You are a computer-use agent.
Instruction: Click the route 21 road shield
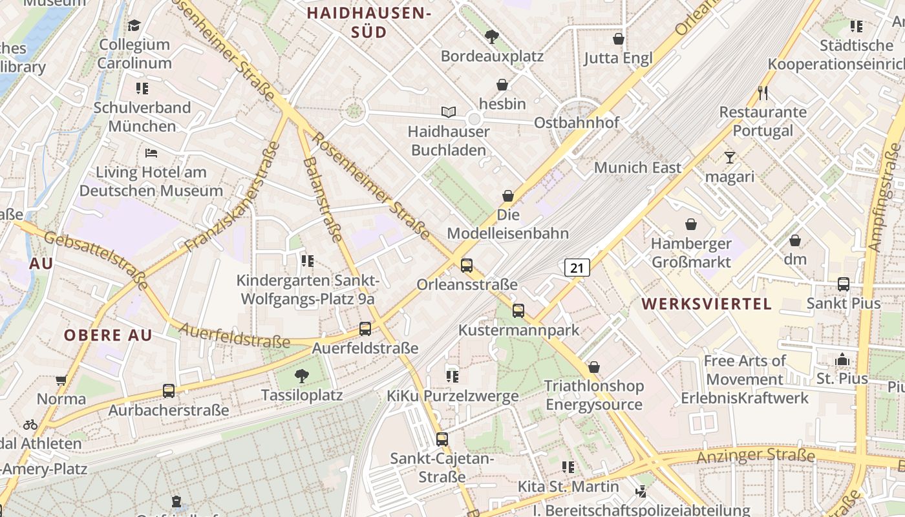coord(577,268)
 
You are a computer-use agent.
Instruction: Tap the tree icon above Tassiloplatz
coord(301,375)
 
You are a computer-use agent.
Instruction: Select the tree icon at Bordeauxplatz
coord(492,37)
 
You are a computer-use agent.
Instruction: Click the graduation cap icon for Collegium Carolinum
coord(134,25)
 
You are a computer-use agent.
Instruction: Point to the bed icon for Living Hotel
coord(151,153)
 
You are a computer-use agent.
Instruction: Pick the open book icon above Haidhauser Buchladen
coord(449,112)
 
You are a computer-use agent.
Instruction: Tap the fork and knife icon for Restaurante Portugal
coord(763,93)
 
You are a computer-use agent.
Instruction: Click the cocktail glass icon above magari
coord(730,158)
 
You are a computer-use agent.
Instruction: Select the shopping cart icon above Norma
coord(61,380)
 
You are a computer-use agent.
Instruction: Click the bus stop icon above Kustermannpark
coord(518,311)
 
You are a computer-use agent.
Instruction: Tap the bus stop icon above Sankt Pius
coord(843,284)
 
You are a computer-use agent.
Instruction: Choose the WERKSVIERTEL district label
coord(707,304)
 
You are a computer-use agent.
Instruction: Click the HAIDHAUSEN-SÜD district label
coord(368,23)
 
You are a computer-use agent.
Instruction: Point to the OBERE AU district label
coord(107,335)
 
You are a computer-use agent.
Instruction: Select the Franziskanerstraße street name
coord(232,197)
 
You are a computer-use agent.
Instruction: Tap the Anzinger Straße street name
coord(755,457)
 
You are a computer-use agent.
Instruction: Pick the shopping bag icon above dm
coord(795,240)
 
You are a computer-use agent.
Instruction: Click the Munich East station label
coord(637,167)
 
